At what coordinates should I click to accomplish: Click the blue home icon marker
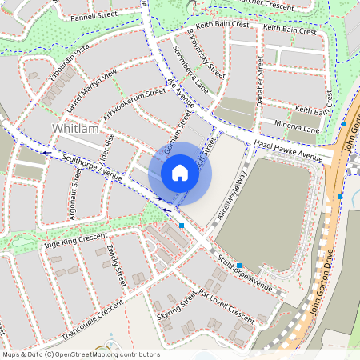click(180, 172)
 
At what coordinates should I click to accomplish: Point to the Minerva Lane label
click(298, 128)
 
